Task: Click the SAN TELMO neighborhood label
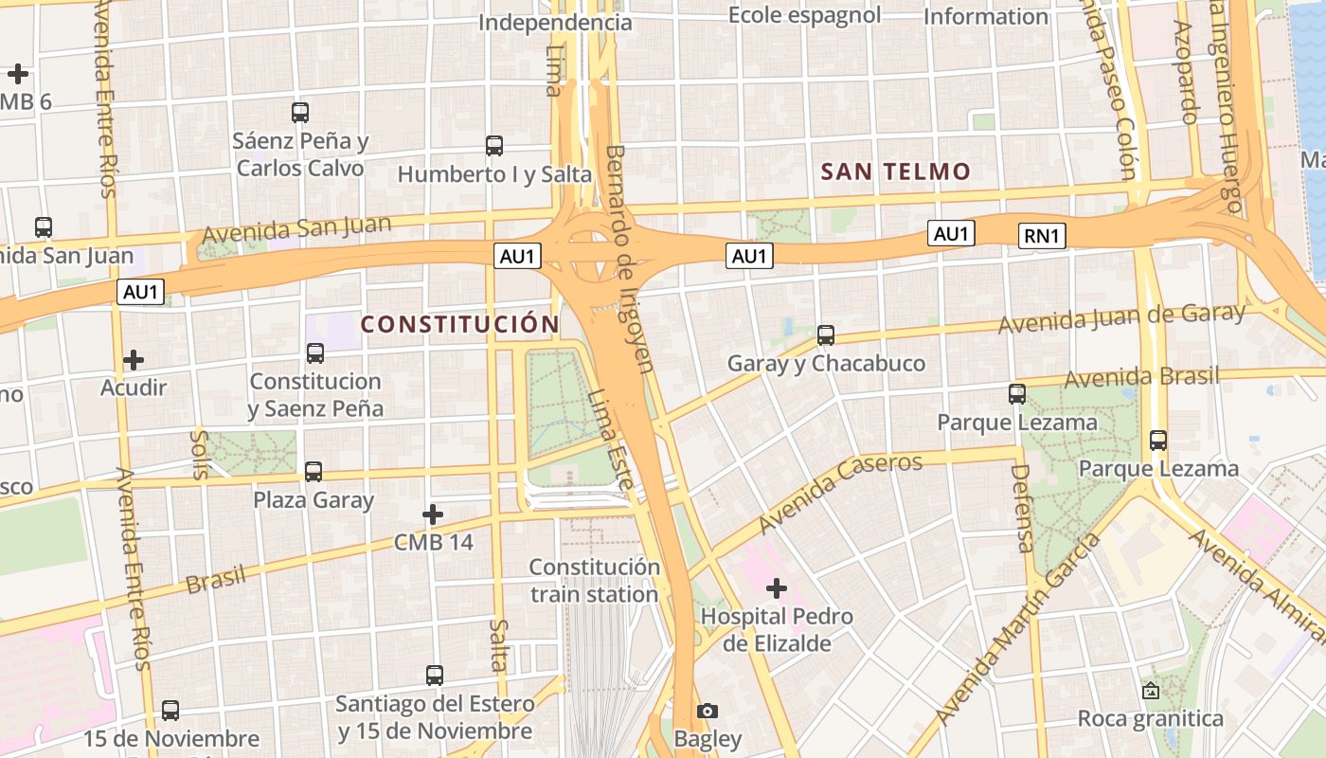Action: point(895,171)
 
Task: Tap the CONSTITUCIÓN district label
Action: point(460,324)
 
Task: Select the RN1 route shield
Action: point(1042,236)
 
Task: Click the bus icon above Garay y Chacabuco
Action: point(826,334)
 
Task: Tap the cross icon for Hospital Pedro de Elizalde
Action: point(777,589)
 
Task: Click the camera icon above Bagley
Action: point(708,711)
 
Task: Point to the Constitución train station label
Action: point(594,581)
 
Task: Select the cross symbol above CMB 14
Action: point(433,515)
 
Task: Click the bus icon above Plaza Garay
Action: point(314,471)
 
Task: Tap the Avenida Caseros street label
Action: point(840,493)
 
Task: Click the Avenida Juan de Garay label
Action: point(1121,318)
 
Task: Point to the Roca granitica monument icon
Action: point(1151,691)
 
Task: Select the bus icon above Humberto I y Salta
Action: point(494,146)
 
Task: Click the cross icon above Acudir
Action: point(134,360)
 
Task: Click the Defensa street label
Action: point(1021,508)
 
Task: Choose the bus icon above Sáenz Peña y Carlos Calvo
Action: point(300,113)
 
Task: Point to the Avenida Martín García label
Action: point(1018,628)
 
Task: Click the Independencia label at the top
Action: point(555,22)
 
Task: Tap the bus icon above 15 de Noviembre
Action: point(170,710)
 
